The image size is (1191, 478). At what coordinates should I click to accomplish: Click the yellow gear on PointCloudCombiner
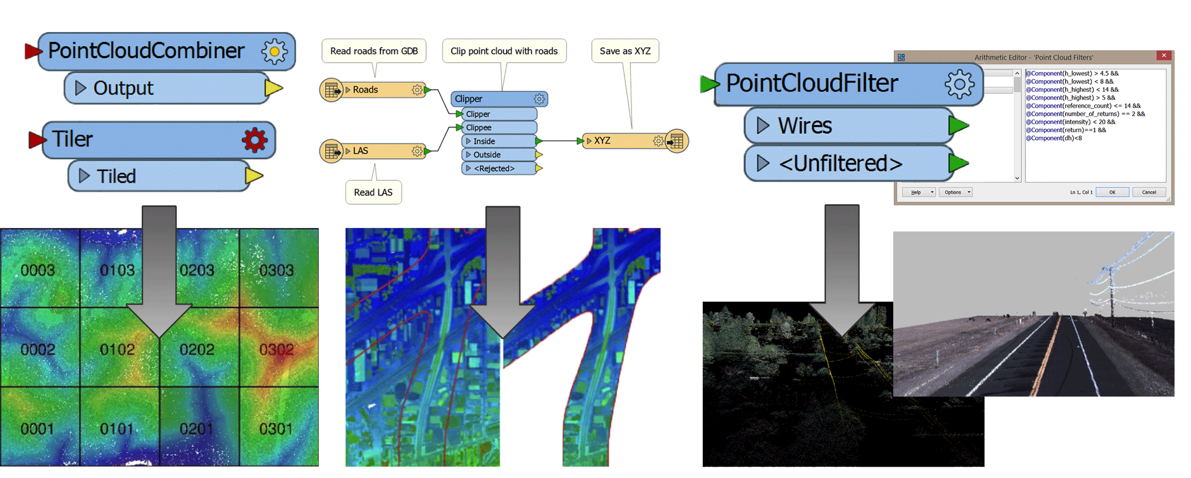click(x=274, y=52)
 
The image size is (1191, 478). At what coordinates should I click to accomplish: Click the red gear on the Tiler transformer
click(x=255, y=139)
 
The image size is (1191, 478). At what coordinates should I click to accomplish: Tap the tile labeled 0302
click(x=276, y=349)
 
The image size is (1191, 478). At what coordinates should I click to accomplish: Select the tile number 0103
click(x=117, y=270)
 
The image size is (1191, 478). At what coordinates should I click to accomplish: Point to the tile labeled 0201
click(x=196, y=429)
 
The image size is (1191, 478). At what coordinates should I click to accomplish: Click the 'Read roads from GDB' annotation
click(x=374, y=51)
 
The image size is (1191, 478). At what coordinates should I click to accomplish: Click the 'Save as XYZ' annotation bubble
click(x=625, y=51)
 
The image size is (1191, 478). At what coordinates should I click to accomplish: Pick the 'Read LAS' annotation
click(x=373, y=192)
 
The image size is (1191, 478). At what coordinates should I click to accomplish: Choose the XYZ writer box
click(x=624, y=141)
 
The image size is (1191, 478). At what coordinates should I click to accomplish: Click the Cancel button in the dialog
click(x=1148, y=192)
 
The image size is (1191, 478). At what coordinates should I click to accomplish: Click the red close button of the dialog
click(x=1164, y=56)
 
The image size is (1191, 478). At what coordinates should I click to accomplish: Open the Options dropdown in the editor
click(x=956, y=192)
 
